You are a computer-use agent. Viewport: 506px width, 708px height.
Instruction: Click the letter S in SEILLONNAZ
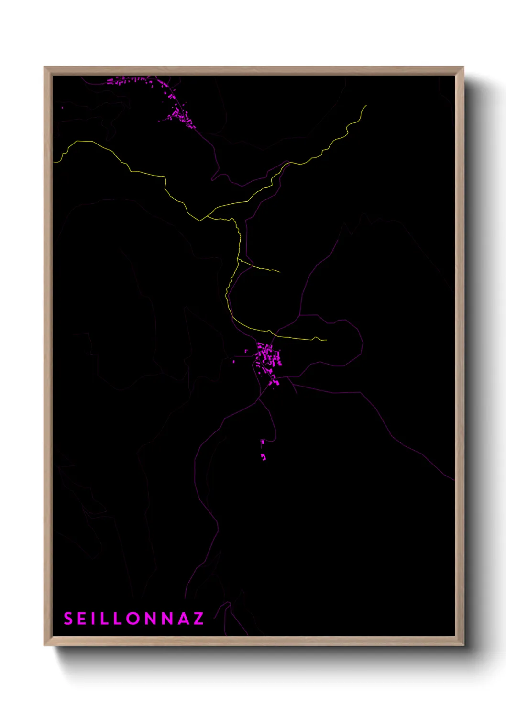tap(68, 619)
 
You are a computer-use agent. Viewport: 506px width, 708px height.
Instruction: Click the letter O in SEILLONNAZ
tap(134, 619)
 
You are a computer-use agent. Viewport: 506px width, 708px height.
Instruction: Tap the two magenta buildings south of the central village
tap(263, 450)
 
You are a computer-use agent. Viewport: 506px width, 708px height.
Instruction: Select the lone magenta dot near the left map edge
tap(62, 108)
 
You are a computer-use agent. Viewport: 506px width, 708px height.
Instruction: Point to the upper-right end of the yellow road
tap(366, 106)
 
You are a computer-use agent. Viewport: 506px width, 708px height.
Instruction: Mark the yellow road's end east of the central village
tap(326, 340)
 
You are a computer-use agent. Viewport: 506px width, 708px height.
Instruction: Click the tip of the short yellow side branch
tap(280, 272)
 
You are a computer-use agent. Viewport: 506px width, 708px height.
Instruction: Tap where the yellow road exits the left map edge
tap(55, 162)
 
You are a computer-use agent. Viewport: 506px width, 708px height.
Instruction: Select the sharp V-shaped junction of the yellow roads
tap(200, 221)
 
